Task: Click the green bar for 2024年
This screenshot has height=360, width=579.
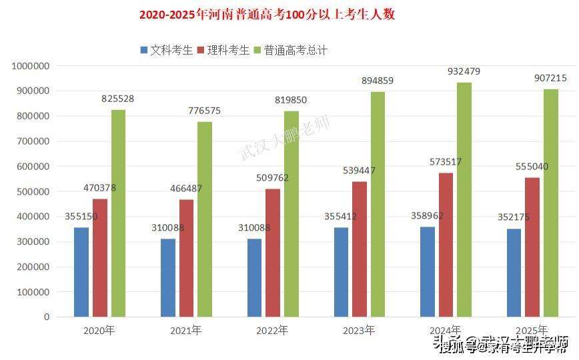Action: (464, 199)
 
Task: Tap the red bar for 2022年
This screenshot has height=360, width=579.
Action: (273, 253)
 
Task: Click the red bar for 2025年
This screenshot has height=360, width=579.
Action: (532, 247)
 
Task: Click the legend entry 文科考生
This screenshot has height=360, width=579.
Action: (166, 50)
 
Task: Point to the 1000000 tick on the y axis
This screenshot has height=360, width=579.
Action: (31, 66)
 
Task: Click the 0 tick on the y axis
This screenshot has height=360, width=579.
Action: (47, 317)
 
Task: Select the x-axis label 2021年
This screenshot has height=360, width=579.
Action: (185, 330)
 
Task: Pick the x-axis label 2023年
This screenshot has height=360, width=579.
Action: (359, 330)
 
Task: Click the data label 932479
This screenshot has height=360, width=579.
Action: (464, 71)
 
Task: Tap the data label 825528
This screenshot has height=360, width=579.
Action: (118, 98)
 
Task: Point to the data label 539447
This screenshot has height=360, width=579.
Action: (360, 171)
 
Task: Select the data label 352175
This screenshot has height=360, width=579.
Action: (514, 217)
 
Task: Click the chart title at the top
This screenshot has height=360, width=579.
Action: (267, 15)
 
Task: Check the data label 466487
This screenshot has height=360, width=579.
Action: (186, 189)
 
